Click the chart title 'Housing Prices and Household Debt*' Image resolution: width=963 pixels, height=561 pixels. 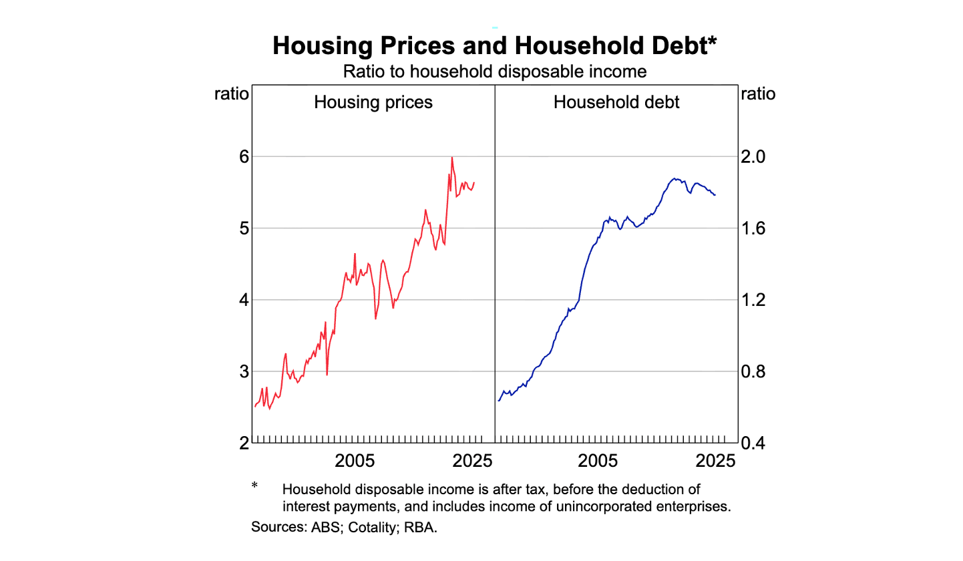[495, 46]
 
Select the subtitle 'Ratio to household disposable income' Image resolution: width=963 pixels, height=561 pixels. [495, 71]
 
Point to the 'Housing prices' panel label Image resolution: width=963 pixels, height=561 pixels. [373, 102]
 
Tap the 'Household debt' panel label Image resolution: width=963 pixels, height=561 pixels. [616, 102]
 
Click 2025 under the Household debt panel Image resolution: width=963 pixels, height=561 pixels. [715, 461]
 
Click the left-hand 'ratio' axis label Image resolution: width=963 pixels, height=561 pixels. [231, 93]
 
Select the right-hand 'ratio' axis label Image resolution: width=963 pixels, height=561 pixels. [758, 93]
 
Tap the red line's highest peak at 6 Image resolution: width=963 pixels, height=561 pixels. [452, 158]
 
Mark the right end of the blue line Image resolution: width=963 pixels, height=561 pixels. [715, 195]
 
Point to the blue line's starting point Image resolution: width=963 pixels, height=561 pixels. [498, 401]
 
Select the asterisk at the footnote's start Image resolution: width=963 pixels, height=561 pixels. [254, 486]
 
